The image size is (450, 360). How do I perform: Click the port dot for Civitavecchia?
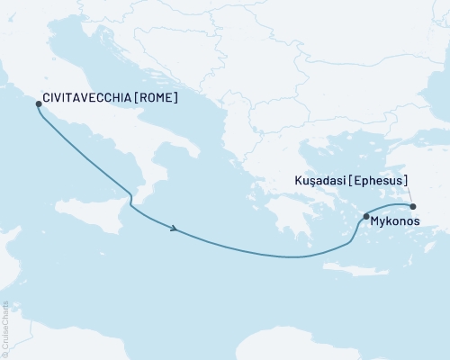coord(39,103)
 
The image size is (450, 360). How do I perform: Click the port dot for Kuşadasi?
coord(412,206)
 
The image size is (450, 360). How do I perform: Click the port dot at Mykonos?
coord(365,216)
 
